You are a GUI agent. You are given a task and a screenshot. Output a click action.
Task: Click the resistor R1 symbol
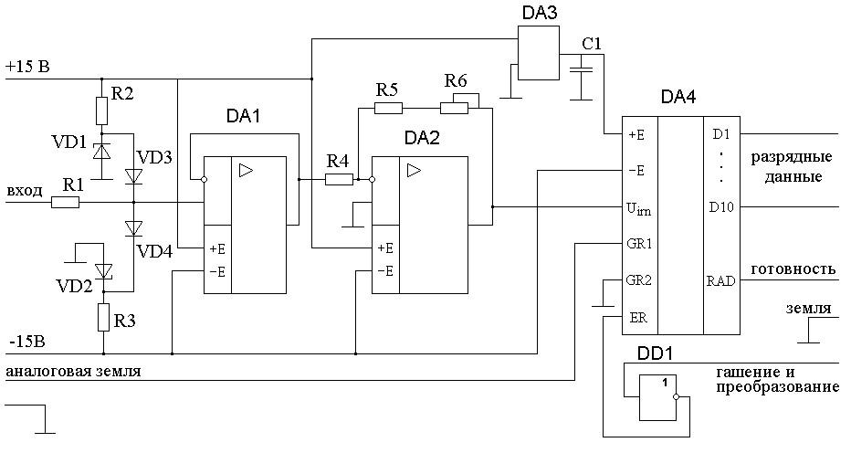[65, 203]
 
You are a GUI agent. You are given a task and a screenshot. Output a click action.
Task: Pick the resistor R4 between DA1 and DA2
[339, 180]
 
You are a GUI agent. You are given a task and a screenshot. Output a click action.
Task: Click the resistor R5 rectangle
[388, 108]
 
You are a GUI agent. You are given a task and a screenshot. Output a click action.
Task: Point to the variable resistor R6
[455, 107]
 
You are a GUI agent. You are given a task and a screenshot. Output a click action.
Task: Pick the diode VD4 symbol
[134, 227]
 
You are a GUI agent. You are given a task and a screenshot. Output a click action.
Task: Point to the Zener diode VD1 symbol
[103, 149]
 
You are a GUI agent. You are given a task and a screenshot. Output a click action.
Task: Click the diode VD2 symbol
[103, 270]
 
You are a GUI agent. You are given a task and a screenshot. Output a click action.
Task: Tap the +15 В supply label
[27, 68]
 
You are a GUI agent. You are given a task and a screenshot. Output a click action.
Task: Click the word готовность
[793, 269]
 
